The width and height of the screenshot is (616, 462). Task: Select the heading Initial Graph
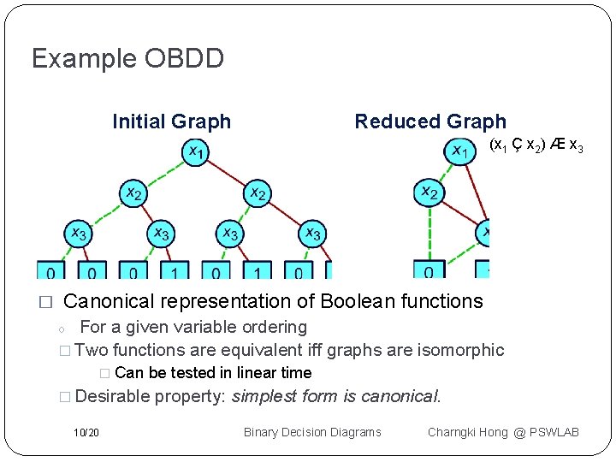coord(171,121)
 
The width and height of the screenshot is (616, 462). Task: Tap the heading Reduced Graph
coord(430,121)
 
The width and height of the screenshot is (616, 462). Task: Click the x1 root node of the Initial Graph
coord(195,153)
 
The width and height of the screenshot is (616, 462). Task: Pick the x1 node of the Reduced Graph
coord(459,152)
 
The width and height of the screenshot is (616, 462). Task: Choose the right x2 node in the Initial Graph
coord(257,193)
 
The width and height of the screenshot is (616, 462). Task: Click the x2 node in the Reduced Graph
coord(428,193)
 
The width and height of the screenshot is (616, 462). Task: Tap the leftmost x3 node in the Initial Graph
coord(78,233)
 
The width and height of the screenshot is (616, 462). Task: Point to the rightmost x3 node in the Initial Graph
coord(312,233)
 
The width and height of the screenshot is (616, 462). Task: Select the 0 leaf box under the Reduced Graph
coord(428,270)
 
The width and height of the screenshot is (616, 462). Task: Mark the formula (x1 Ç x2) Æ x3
coord(536,146)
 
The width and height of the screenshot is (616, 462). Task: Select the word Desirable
coord(112,396)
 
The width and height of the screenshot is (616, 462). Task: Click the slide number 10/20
coord(86,432)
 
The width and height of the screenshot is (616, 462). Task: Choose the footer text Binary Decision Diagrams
coord(312,432)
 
